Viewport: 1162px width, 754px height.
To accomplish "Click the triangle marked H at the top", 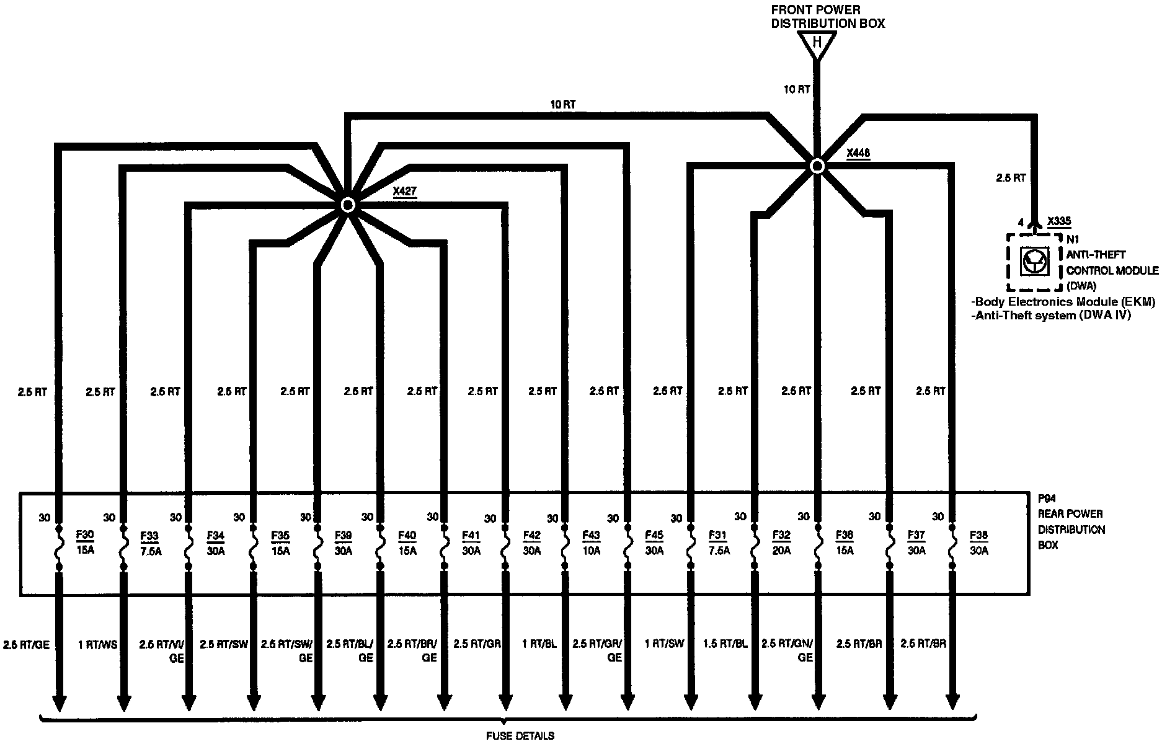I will click(817, 44).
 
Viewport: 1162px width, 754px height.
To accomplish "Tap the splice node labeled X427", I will click(348, 205).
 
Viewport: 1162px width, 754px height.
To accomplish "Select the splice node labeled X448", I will click(817, 166).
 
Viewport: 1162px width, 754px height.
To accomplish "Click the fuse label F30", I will click(85, 534).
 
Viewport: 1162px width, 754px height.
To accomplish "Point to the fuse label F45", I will click(654, 534).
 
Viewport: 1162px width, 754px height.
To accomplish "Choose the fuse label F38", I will click(979, 534).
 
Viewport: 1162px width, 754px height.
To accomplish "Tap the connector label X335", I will click(1058, 221).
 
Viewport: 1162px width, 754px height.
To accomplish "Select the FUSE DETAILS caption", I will click(520, 736).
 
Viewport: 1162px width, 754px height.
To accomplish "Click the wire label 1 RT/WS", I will click(97, 644).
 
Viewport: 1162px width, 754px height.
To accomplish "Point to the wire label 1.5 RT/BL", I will click(726, 644).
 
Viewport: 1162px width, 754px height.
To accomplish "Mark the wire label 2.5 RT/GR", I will click(477, 644).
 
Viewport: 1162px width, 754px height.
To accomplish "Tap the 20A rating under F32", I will click(782, 551).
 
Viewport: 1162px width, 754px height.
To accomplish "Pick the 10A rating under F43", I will click(592, 551).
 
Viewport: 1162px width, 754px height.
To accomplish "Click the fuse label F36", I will click(845, 534).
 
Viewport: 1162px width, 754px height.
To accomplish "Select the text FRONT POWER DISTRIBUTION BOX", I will click(827, 17).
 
